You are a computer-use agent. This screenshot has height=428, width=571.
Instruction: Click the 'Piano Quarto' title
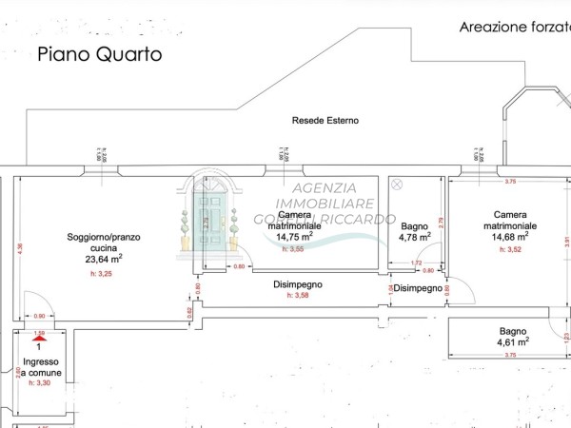(x=100, y=54)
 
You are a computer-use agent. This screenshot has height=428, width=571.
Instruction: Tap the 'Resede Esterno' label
(x=324, y=121)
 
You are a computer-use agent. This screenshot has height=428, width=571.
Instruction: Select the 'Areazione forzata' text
(x=514, y=28)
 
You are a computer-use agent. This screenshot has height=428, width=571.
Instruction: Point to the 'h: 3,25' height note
(x=100, y=273)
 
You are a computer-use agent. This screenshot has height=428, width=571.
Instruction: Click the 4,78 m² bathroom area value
(x=415, y=238)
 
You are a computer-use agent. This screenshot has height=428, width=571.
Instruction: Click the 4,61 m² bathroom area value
(x=513, y=340)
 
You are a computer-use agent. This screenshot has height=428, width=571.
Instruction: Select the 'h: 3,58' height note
(x=300, y=295)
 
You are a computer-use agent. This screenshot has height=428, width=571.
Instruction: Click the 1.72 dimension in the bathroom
(x=415, y=263)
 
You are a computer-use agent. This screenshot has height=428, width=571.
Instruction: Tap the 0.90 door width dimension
(x=39, y=316)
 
